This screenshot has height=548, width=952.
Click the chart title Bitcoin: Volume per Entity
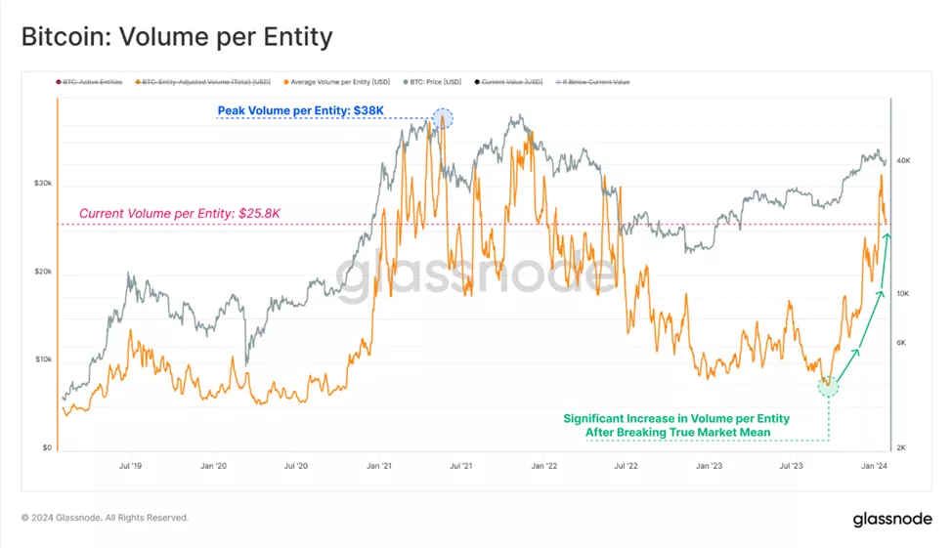(177, 37)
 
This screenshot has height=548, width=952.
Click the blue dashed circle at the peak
(443, 118)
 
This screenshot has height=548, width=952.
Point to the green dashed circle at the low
(828, 386)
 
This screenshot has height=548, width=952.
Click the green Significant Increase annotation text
(676, 425)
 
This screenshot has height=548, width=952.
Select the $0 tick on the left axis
(46, 448)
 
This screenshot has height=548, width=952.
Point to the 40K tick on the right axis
(904, 159)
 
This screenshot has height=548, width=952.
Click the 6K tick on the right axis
(902, 342)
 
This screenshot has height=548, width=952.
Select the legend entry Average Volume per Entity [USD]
(334, 82)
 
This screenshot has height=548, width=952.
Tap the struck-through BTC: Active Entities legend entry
(89, 82)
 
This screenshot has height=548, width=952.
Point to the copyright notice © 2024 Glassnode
(106, 518)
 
